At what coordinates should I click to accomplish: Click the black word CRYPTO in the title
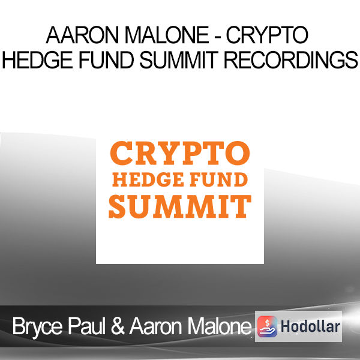coord(267,35)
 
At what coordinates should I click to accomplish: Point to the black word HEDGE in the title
coord(37,60)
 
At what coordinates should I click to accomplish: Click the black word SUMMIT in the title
coord(179,60)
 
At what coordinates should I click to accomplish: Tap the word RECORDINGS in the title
coord(291,60)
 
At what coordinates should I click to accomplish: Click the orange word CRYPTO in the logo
coord(180,153)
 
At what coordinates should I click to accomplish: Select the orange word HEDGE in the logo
coord(148,180)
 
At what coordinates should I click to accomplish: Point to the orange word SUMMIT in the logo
coord(180,206)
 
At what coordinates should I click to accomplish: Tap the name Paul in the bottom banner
coord(86,326)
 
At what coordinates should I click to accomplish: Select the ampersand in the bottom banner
coord(118,326)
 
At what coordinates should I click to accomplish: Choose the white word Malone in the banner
coord(220,326)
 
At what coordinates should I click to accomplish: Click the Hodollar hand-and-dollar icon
coord(267,326)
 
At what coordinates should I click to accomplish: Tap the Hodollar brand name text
coord(310,326)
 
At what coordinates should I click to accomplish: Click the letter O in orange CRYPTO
coord(238,153)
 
